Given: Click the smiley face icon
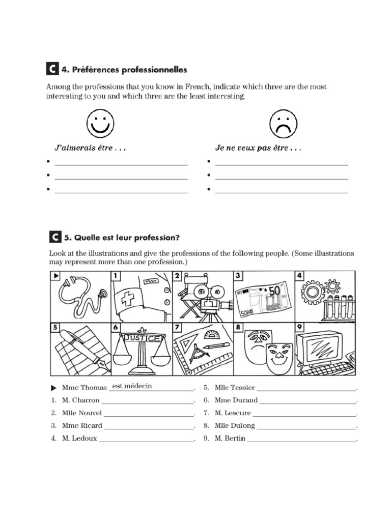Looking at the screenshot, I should point(100,123).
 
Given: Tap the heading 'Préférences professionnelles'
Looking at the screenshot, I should point(124,70).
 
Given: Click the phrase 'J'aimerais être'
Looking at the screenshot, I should point(90,149).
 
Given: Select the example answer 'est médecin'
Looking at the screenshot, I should point(132,386).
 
